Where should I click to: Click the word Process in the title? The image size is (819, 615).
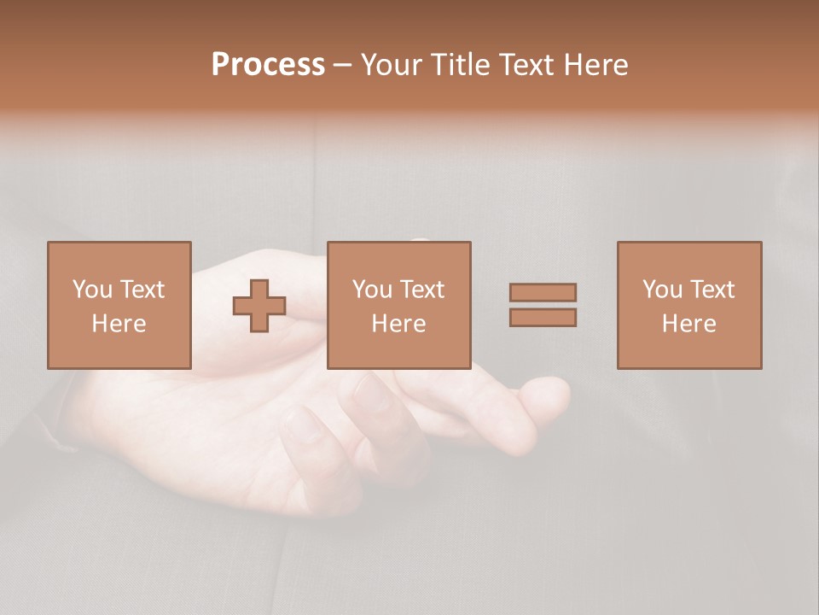268,65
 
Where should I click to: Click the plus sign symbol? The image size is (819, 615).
259,306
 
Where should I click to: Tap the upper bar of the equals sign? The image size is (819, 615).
543,292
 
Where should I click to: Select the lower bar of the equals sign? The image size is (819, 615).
543,318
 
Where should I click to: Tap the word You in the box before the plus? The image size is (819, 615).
92,290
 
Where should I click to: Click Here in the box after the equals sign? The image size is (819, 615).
689,324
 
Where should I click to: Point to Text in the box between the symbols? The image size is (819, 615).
422,290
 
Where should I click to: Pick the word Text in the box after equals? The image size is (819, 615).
712,290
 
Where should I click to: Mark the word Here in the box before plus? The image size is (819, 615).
119,324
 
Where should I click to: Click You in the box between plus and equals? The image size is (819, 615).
372,290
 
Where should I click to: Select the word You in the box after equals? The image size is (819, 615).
662,290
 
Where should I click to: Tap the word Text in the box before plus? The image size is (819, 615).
142,290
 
